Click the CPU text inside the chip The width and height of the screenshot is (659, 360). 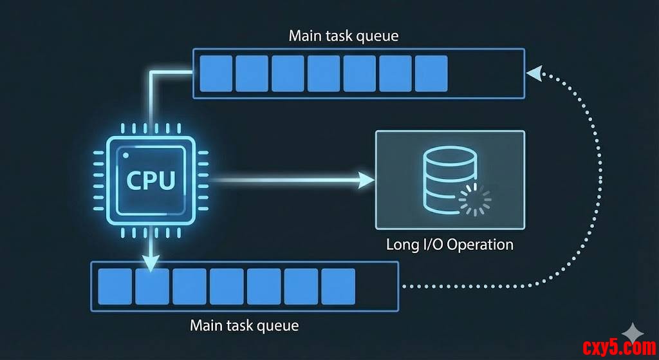pyautogui.click(x=151, y=180)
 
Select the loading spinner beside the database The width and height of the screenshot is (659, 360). pyautogui.click(x=475, y=200)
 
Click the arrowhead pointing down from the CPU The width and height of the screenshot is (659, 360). pyautogui.click(x=151, y=262)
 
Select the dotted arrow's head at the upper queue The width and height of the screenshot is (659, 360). pyautogui.click(x=534, y=73)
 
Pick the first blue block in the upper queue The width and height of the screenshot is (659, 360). pyautogui.click(x=216, y=73)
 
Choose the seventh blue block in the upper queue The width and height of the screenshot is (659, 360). pyautogui.click(x=431, y=73)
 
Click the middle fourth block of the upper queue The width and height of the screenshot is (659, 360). pyautogui.click(x=323, y=73)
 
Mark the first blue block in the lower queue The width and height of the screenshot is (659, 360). pyautogui.click(x=115, y=286)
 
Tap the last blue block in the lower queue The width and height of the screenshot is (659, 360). pyautogui.click(x=338, y=286)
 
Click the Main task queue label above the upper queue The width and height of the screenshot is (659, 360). pyautogui.click(x=343, y=35)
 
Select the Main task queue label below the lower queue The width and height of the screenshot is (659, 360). pyautogui.click(x=244, y=325)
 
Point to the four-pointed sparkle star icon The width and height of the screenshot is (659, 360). pyautogui.click(x=634, y=332)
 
